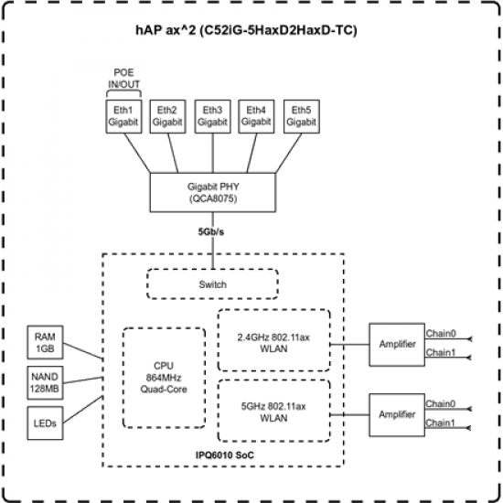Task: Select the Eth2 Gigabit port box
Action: [167, 115]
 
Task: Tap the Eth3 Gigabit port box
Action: [212, 115]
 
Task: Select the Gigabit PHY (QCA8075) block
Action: [212, 191]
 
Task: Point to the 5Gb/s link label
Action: [212, 231]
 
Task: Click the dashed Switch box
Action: [212, 284]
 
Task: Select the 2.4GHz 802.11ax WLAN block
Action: [273, 339]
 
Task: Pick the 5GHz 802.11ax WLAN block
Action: [273, 412]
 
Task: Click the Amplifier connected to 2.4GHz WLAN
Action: [396, 345]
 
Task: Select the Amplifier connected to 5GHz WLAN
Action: [396, 413]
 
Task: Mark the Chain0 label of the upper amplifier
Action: [442, 334]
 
